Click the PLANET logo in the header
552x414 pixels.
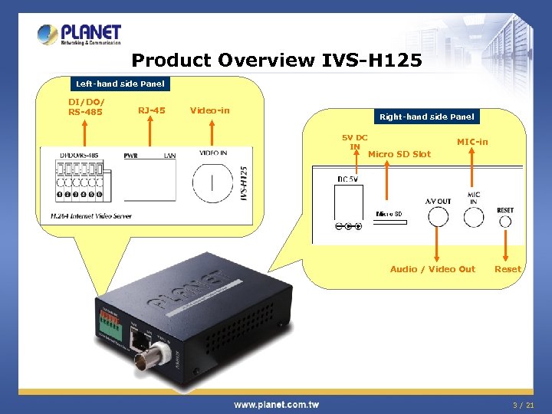[x=80, y=34]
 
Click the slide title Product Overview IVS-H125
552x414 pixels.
[x=277, y=60]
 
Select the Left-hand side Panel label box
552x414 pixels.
[x=119, y=83]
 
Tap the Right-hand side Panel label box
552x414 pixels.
[x=426, y=117]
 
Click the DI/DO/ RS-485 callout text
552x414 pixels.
[x=85, y=107]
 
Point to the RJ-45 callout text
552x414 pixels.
[x=151, y=110]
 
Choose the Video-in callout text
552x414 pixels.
[x=209, y=110]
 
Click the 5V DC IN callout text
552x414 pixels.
[x=354, y=142]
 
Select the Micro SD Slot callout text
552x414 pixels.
[x=399, y=154]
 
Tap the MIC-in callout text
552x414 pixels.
[x=472, y=142]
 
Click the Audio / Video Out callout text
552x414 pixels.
[x=432, y=269]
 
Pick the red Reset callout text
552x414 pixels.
[x=508, y=269]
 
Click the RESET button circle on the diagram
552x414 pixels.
[x=505, y=222]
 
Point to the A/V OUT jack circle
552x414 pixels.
[x=438, y=216]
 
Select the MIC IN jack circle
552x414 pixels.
[x=473, y=216]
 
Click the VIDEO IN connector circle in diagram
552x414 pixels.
[x=212, y=183]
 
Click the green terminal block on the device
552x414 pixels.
[x=110, y=324]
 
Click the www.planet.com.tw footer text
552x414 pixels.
[x=276, y=405]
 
